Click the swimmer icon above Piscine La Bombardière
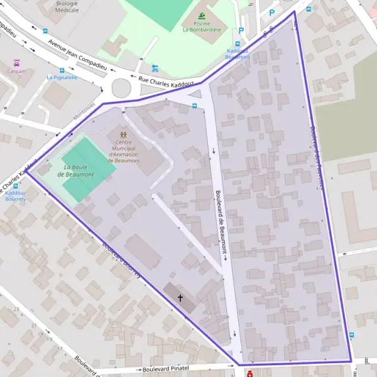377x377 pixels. tap(202, 16)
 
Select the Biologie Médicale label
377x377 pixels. tap(67, 7)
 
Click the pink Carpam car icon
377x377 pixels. tap(17, 63)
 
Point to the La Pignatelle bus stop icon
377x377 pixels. tap(62, 70)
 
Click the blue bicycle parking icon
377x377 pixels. tap(155, 68)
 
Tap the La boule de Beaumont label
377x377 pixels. tap(79, 170)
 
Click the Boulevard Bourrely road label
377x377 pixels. tap(124, 261)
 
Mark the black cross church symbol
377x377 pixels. tap(180, 297)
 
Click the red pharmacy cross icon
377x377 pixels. tap(250, 374)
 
